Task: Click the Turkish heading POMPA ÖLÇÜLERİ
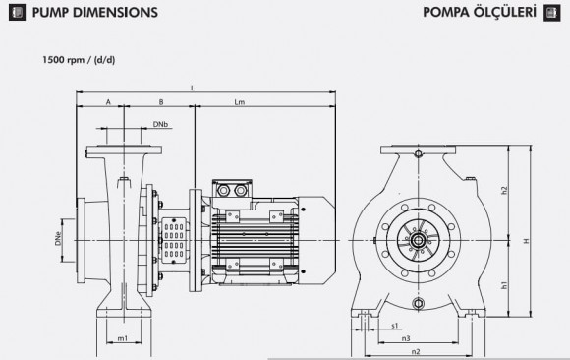(478, 14)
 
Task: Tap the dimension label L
(193, 89)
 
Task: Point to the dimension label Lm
(240, 101)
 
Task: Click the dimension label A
(107, 101)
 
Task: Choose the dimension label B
(159, 101)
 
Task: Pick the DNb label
(160, 125)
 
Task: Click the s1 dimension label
(394, 324)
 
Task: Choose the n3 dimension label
(405, 337)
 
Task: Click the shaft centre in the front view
(418, 239)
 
